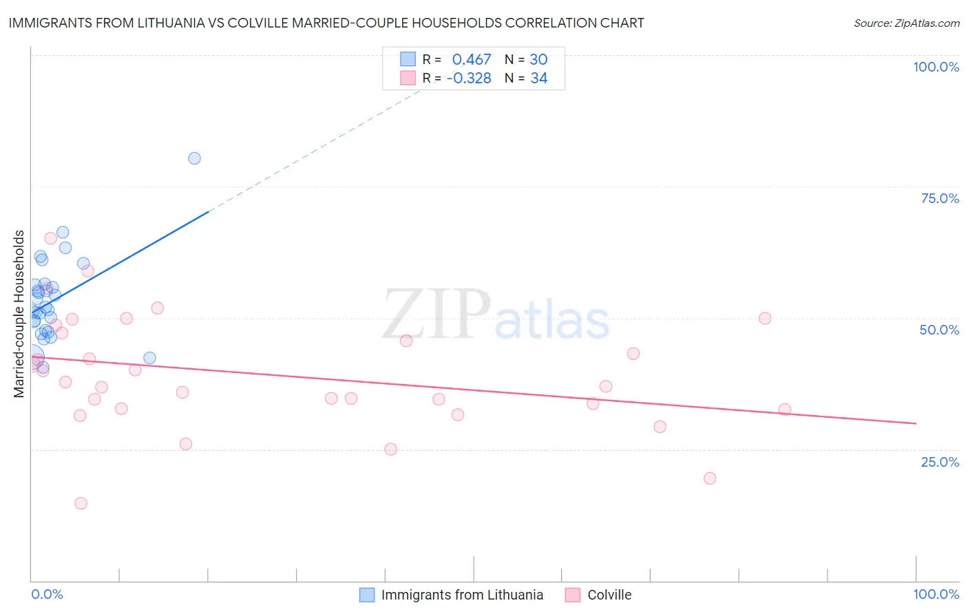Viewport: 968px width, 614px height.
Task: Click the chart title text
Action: pos(326,23)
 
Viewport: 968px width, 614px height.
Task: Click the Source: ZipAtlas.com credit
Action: pos(906,23)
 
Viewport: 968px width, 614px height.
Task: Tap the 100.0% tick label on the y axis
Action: pos(936,67)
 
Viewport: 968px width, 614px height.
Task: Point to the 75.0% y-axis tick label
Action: pos(940,198)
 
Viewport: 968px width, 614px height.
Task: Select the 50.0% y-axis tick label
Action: pos(939,330)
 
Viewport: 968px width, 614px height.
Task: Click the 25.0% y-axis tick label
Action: pos(940,462)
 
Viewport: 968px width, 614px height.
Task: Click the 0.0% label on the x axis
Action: pos(47,594)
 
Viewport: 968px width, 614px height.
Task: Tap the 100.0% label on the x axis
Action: pos(936,594)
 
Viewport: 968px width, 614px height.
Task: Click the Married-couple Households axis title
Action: pos(19,314)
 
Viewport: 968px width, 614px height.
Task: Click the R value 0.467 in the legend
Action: pos(472,60)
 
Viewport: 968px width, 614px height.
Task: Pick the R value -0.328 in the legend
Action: pos(469,78)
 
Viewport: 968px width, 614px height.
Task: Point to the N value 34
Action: pos(538,78)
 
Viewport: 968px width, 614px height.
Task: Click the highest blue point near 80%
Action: pos(194,158)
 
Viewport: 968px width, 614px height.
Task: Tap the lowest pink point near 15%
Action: pos(81,503)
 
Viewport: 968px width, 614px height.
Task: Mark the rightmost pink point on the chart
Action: pos(785,410)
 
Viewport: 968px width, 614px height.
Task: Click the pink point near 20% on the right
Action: pos(710,478)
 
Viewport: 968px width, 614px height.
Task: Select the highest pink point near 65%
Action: pos(50,238)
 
